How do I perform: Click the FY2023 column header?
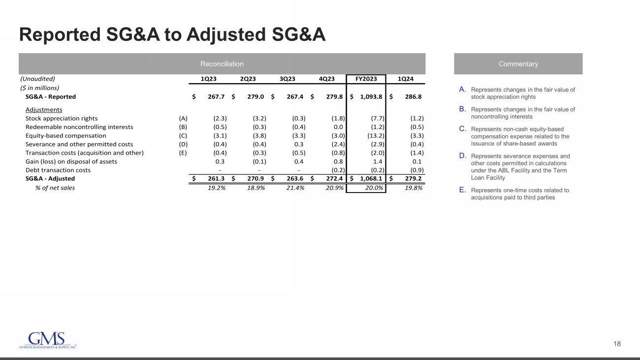pos(366,79)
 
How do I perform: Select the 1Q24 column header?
pos(406,79)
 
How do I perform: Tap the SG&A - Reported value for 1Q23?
pos(216,97)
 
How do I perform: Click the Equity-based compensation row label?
pos(65,135)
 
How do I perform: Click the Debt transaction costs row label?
pos(58,170)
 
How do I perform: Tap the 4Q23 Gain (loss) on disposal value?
pos(338,162)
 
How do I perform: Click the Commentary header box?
pos(518,64)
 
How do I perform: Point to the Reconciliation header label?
pos(222,64)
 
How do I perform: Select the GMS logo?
pos(47,340)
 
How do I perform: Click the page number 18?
pos(617,344)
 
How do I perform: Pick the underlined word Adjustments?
pos(44,109)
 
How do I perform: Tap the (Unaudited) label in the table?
pos(37,79)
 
